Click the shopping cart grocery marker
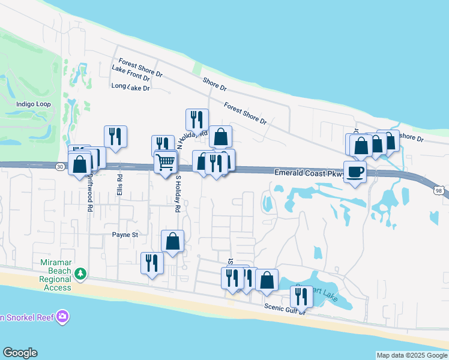(x=166, y=161)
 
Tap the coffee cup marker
(x=355, y=172)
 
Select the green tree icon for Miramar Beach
(x=80, y=274)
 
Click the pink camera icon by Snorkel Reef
(x=62, y=317)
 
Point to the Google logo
(x=20, y=353)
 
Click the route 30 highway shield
(x=59, y=166)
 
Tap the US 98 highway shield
(x=440, y=190)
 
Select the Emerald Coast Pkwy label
(x=307, y=173)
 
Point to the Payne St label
(x=125, y=235)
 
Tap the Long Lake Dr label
(x=130, y=87)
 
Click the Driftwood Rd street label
(x=89, y=192)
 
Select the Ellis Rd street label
(x=120, y=185)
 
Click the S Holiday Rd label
(x=178, y=193)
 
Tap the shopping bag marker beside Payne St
(x=172, y=242)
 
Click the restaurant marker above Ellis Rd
(x=115, y=137)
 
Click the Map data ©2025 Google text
(x=412, y=355)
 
